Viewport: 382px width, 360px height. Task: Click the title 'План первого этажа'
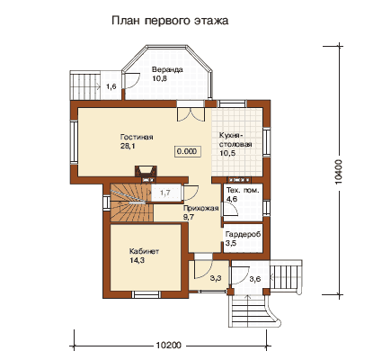[170, 22]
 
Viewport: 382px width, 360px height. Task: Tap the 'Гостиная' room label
[137, 137]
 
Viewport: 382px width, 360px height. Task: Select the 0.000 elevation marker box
[187, 151]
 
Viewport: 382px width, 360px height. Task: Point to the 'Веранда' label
[167, 70]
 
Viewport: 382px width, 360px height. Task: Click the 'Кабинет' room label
[144, 251]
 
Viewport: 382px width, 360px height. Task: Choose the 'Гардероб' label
[243, 234]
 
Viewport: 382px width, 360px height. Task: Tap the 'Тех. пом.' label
[243, 191]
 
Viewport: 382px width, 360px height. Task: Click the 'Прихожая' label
[200, 209]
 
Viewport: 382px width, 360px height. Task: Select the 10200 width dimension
[169, 346]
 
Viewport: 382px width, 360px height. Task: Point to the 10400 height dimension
[339, 171]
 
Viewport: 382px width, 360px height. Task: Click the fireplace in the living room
[145, 171]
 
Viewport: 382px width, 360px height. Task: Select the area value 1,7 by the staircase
[165, 193]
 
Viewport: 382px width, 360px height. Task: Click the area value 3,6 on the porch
[255, 279]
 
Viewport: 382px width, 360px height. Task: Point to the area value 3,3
[216, 278]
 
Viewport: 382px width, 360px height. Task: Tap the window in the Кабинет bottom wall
[146, 294]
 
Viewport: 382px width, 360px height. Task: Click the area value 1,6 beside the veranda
[111, 86]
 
